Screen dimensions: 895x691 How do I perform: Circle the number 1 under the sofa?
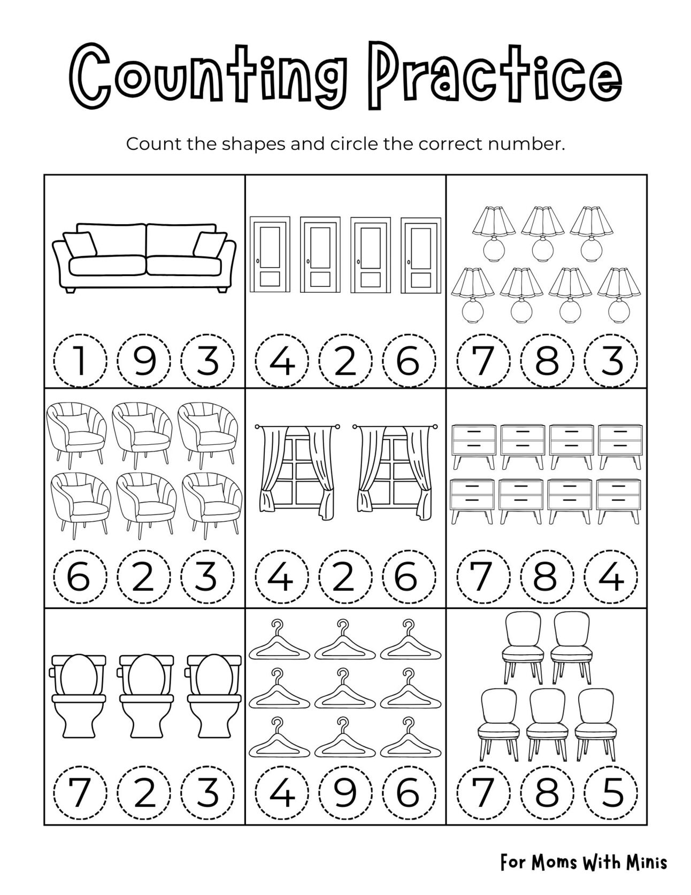pyautogui.click(x=80, y=360)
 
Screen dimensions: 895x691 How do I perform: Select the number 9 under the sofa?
pyautogui.click(x=144, y=360)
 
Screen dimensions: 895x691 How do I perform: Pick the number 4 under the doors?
pyautogui.click(x=281, y=360)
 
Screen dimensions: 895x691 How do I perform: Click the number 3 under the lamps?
pyautogui.click(x=611, y=360)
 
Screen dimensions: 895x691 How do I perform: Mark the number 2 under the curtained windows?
pyautogui.click(x=345, y=578)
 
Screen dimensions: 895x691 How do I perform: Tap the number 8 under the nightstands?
pyautogui.click(x=547, y=578)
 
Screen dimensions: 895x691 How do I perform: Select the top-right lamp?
pyautogui.click(x=590, y=232)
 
